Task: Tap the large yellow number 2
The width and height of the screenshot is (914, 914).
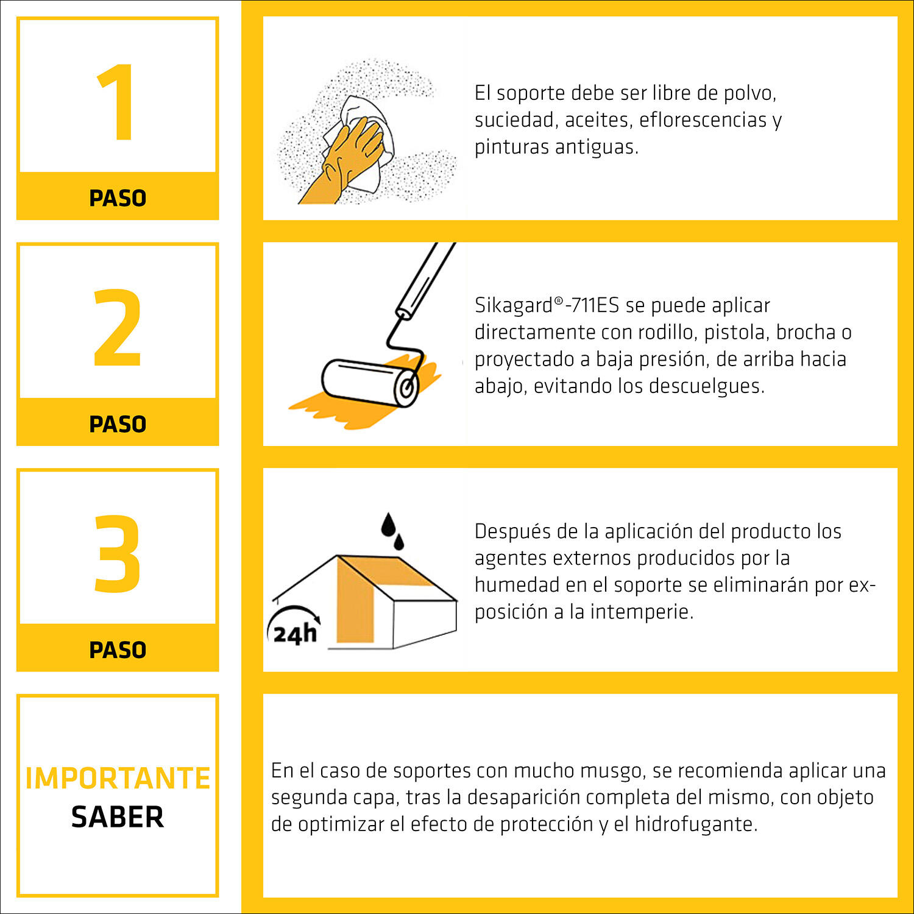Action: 118,328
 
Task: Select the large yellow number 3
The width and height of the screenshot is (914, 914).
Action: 118,553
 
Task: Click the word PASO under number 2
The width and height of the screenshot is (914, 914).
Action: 118,424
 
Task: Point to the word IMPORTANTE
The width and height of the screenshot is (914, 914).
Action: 118,778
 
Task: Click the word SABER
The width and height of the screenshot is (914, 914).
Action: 118,817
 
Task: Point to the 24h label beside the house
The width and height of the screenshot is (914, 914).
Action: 296,634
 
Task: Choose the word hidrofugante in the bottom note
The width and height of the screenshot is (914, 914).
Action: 696,824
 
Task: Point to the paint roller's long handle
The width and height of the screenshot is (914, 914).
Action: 426,278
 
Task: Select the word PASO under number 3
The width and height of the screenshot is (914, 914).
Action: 118,650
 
